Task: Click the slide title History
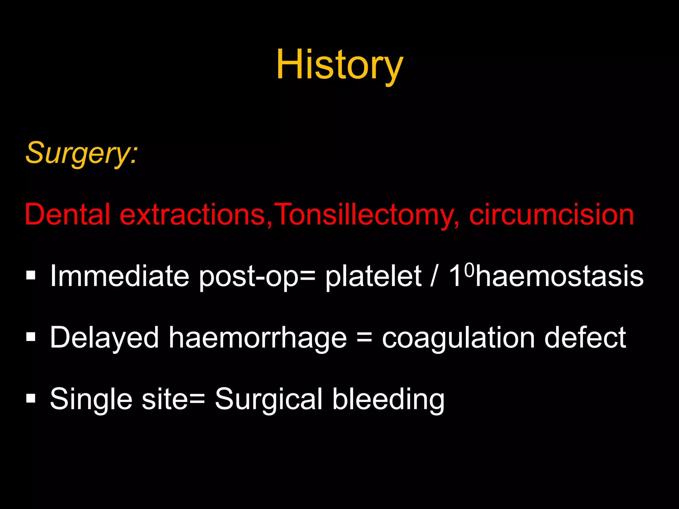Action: click(339, 65)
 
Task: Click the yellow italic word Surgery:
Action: click(81, 153)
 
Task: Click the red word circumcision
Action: click(551, 214)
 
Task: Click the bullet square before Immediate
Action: click(31, 276)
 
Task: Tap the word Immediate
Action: click(119, 276)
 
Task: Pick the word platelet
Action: click(373, 276)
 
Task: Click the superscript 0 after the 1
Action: click(469, 270)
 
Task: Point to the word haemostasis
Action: click(560, 276)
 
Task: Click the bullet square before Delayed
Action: click(31, 337)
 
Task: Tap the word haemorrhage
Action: click(258, 338)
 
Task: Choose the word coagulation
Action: click(459, 338)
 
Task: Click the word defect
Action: click(585, 337)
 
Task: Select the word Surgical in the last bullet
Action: click(269, 399)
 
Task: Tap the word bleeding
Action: click(388, 399)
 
